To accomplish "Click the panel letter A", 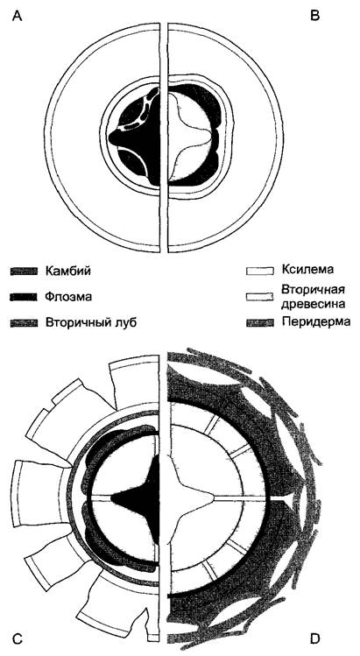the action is pos(18,16).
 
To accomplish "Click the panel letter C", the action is pos(18,638).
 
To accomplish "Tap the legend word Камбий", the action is pos(67,272).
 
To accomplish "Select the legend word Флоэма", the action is pos(68,297).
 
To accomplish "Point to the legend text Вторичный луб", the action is pos(92,322).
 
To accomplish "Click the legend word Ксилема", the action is pos(307,270).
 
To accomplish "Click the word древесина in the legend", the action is pos(314,304).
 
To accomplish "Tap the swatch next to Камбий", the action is pos(24,272).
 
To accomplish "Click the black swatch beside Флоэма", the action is pos(24,297).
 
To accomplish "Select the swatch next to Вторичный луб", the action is pos(24,323).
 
